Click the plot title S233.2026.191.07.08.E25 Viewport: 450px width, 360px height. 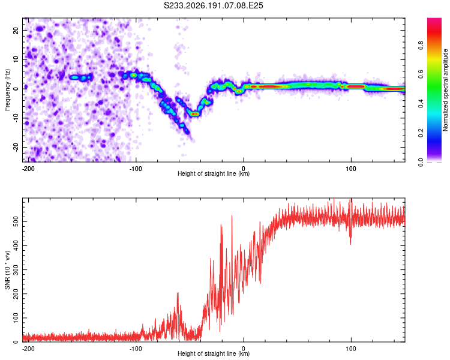[x=213, y=5]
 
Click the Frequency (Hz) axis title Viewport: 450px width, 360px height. [x=7, y=90]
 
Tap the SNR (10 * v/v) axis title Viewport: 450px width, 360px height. [x=7, y=270]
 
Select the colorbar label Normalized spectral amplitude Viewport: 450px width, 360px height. [x=445, y=90]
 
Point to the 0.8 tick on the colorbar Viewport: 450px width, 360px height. [x=421, y=46]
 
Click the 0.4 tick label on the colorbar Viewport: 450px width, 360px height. [x=421, y=104]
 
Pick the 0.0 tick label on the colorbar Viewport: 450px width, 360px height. [x=421, y=162]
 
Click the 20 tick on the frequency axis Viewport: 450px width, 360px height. [x=16, y=30]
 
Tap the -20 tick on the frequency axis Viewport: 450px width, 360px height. [x=16, y=147]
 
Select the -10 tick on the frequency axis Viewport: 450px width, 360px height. [x=16, y=118]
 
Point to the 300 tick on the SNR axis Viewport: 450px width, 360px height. [x=16, y=270]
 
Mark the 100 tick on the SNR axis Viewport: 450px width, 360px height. [x=16, y=318]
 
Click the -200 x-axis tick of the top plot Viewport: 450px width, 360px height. [x=28, y=169]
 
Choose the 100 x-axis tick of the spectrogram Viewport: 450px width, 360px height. [x=351, y=169]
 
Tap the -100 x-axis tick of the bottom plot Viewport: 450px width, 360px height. [x=136, y=349]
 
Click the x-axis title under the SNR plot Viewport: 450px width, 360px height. [x=214, y=353]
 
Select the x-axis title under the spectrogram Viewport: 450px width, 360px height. [x=214, y=173]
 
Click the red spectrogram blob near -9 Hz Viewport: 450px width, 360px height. [x=195, y=114]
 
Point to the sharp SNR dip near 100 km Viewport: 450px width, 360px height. [x=350, y=237]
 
